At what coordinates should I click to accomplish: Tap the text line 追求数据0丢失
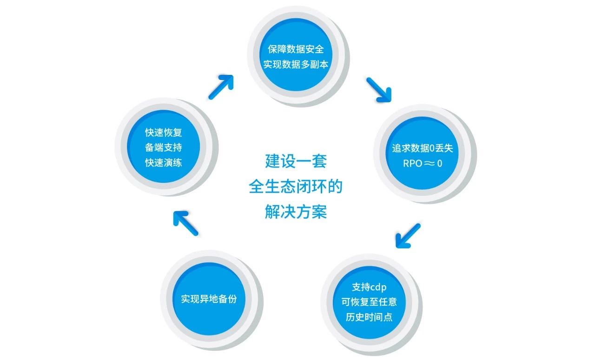coord(422,148)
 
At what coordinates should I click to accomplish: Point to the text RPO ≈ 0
coord(422,164)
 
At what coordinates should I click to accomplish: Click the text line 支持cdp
coord(369,287)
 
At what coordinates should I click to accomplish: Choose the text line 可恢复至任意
coord(369,302)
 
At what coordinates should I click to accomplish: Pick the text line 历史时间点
coord(369,317)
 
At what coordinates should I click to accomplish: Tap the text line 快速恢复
coord(163,133)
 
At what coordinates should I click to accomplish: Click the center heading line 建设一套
coord(296,161)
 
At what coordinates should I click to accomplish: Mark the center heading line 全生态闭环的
coord(296,187)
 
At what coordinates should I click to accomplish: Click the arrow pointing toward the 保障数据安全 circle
coord(220,87)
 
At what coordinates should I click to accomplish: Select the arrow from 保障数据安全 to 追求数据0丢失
coord(379,89)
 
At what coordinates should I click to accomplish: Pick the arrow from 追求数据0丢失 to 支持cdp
coord(408,235)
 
